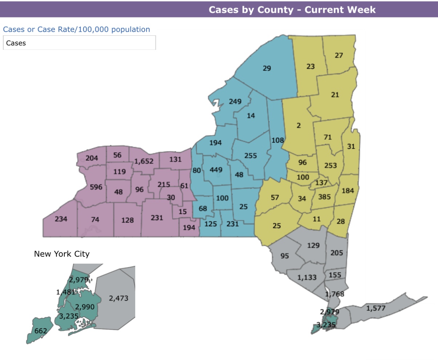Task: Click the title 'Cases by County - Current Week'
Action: click(292, 9)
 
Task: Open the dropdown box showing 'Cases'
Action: click(79, 43)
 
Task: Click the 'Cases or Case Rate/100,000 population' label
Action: click(76, 29)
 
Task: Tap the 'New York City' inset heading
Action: click(62, 254)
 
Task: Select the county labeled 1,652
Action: click(144, 161)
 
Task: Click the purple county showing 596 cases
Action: click(96, 187)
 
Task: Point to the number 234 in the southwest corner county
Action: click(61, 219)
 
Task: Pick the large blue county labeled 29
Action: click(267, 68)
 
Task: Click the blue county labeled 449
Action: click(216, 170)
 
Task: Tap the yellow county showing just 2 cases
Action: click(298, 125)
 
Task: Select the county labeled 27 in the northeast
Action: click(339, 55)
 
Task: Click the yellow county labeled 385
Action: click(324, 197)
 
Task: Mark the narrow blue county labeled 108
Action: click(277, 140)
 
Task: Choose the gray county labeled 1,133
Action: click(307, 277)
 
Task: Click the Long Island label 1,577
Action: click(376, 309)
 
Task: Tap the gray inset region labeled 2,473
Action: click(118, 299)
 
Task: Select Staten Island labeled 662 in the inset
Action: click(41, 331)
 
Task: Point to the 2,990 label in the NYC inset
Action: click(85, 307)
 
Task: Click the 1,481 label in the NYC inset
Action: click(65, 292)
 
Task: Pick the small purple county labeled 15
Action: click(182, 211)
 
